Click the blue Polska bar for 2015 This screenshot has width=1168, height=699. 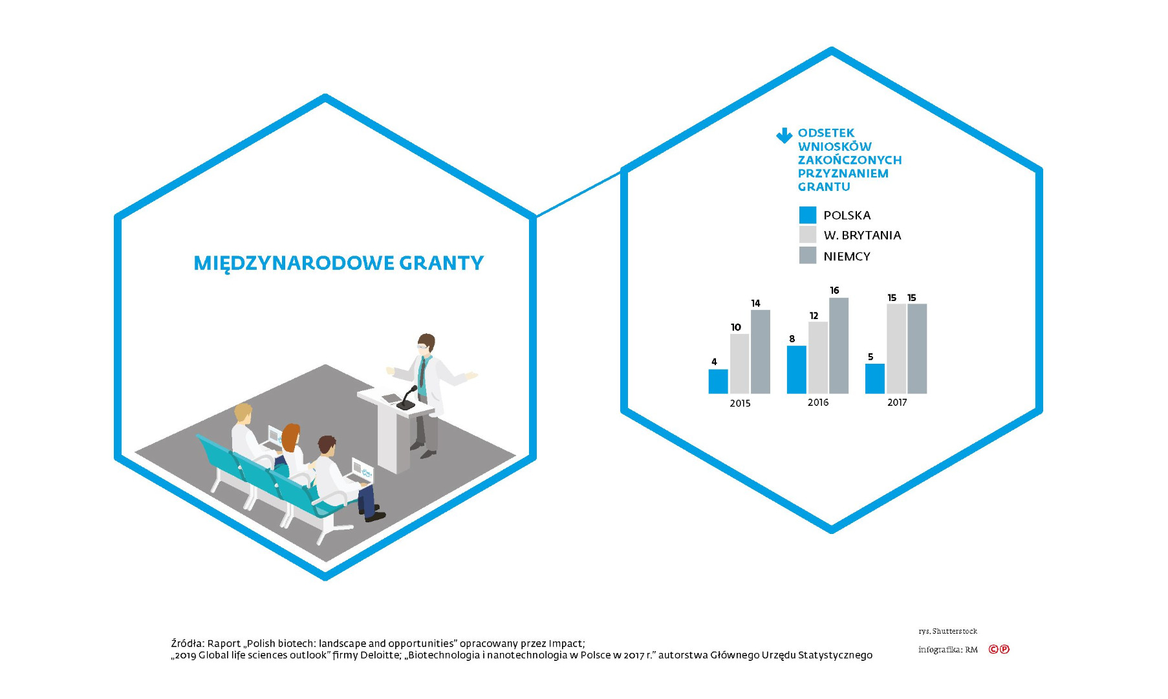pos(718,381)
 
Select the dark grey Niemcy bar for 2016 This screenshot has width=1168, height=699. pos(839,346)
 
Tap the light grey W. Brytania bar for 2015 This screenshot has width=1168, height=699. pos(740,364)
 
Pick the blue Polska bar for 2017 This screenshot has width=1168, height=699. pos(875,379)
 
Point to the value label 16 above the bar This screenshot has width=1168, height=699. pos(834,291)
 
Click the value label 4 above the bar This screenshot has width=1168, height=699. pos(714,362)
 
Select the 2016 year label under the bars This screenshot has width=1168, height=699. pos(818,403)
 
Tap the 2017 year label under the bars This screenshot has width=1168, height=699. pos(897,403)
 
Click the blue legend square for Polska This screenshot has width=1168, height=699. pos(808,215)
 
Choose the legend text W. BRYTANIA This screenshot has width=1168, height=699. pos(862,236)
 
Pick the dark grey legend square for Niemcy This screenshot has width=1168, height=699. pos(808,255)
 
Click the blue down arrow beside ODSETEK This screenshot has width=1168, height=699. pos(784,135)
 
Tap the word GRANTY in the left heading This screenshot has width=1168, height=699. pos(441,263)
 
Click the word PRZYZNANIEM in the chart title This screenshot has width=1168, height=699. pos(843,173)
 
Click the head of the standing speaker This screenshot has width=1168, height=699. pos(426,344)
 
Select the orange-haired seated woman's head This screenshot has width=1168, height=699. pos(291,437)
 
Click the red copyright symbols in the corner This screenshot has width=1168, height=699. pos(999,649)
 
